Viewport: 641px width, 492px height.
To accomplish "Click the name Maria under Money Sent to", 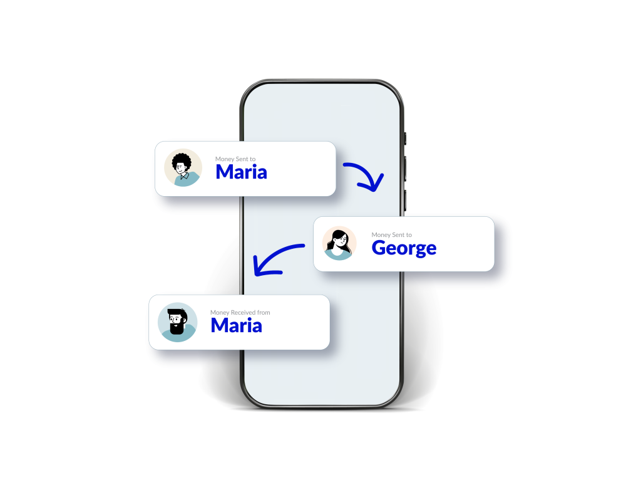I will (x=241, y=172).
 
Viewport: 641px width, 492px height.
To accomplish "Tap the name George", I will (x=404, y=248).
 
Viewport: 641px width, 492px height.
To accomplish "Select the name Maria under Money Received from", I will (x=236, y=325).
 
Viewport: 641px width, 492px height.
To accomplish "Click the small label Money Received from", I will (x=240, y=312).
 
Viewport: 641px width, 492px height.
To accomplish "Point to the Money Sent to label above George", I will (x=391, y=235).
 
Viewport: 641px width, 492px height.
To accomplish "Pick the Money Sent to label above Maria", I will (x=235, y=159).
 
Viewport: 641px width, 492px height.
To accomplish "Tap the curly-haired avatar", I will (x=183, y=168).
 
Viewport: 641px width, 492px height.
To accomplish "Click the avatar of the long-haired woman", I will (x=339, y=243).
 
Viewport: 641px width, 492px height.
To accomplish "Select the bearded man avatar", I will (x=177, y=322).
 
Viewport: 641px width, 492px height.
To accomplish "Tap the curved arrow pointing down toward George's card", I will (x=362, y=174).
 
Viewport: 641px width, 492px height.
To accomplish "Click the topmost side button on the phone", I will (x=405, y=139).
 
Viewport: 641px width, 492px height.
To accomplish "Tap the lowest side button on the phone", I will (x=405, y=200).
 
